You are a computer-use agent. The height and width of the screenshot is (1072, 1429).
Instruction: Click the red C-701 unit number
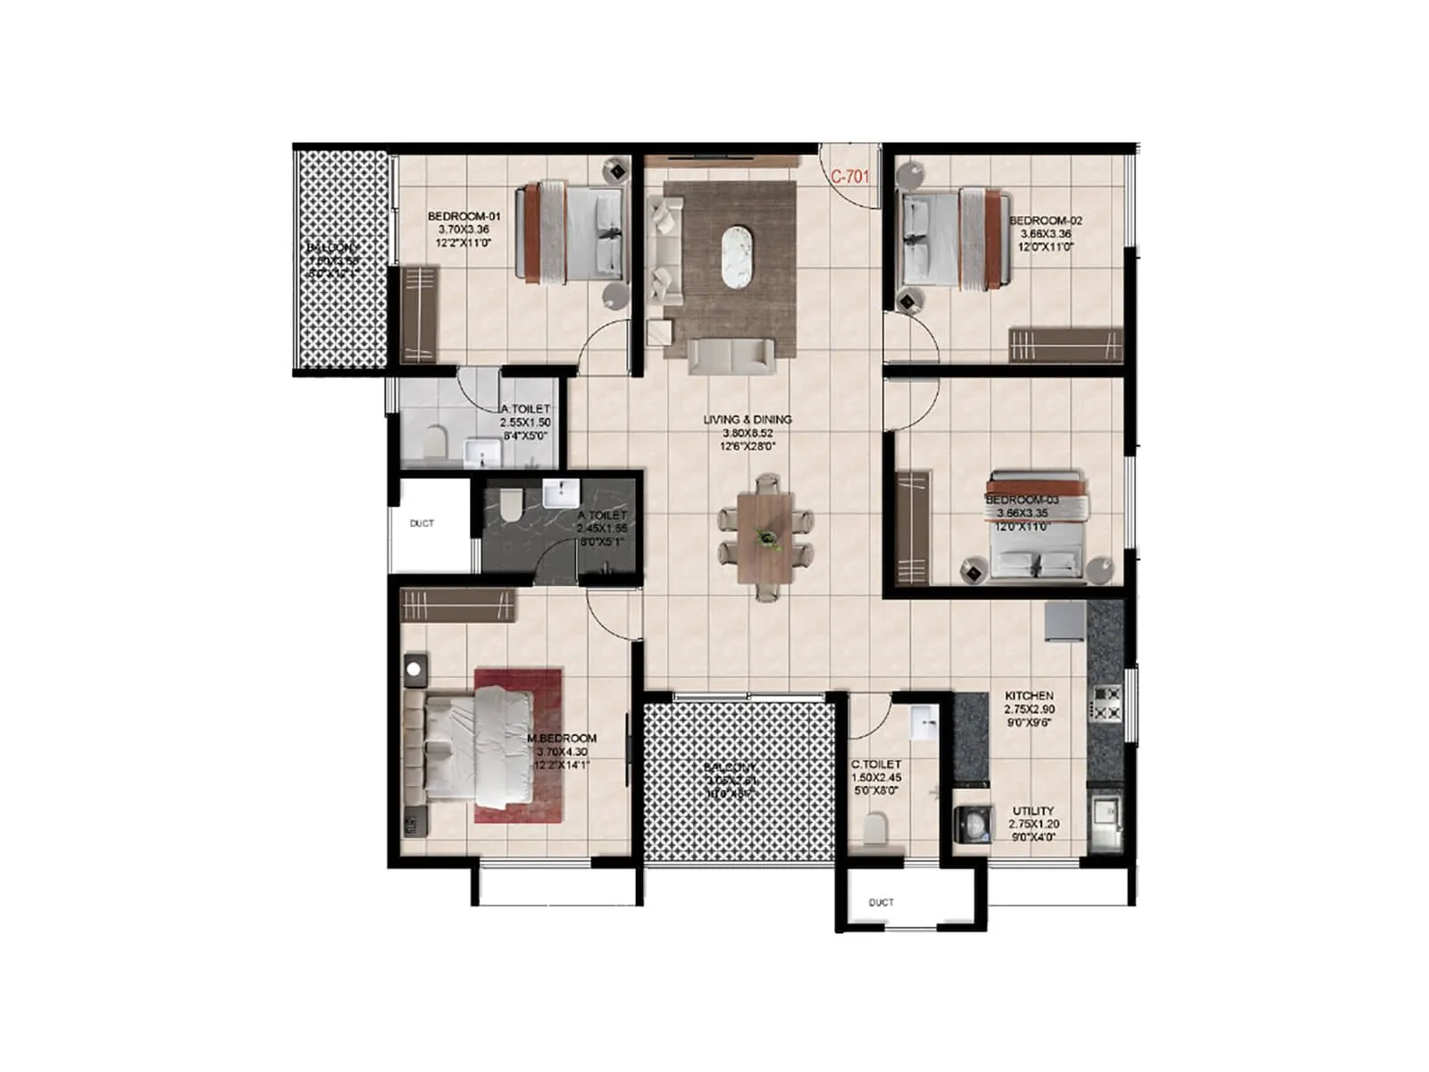pos(849,177)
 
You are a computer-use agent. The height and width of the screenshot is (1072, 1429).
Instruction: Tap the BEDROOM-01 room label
pos(464,216)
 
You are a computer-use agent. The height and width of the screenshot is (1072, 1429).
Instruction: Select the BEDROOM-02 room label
pos(1045,221)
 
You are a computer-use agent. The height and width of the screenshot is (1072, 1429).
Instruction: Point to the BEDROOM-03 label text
pos(1022,500)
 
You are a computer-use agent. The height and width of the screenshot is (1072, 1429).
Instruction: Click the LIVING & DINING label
pos(748,419)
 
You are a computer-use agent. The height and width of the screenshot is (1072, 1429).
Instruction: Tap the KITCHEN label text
pos(1029,695)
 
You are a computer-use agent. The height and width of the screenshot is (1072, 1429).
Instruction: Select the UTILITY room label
pos(1033,811)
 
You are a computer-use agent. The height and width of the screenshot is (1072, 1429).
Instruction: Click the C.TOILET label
pos(875,765)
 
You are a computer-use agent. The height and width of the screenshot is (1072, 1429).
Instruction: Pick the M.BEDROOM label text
pos(562,739)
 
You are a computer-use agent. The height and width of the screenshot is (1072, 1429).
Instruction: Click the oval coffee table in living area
pos(739,257)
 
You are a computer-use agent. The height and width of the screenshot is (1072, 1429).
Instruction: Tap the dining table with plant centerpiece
pos(765,538)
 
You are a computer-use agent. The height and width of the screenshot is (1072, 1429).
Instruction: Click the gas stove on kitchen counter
pos(1107,702)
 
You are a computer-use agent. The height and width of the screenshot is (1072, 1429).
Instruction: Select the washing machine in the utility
pos(973,824)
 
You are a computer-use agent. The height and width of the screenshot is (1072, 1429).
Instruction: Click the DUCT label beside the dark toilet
pos(422,523)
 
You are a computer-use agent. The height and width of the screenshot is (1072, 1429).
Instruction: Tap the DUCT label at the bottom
pos(881,902)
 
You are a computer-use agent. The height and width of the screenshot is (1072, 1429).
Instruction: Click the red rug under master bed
pos(518,745)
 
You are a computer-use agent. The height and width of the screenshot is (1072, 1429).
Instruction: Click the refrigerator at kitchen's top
pos(1064,620)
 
